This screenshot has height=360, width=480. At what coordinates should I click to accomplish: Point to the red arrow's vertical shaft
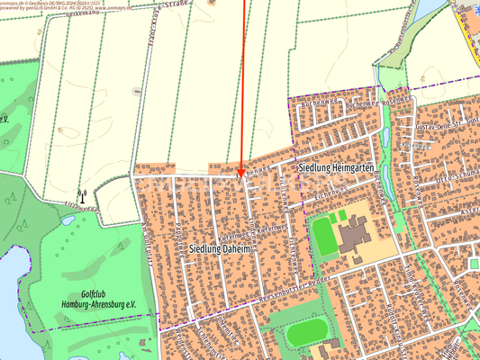[x=244, y=81]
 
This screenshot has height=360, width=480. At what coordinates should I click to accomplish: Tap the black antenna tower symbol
[x=82, y=194]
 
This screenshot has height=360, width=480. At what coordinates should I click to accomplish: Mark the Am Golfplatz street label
[x=147, y=238]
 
